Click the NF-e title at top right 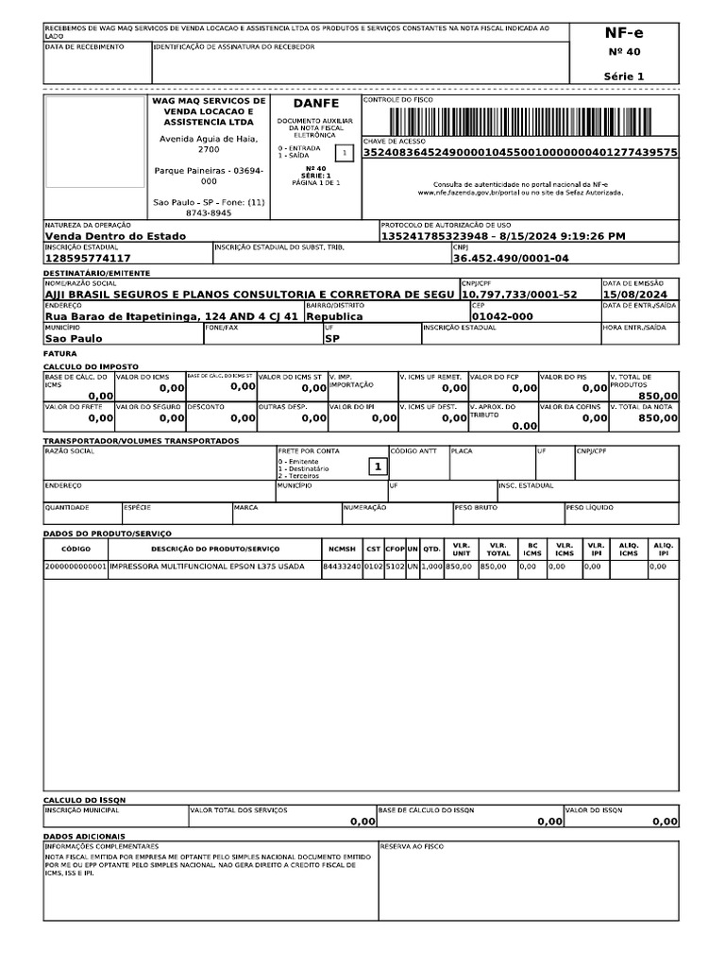pos(624,34)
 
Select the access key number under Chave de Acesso pos(520,152)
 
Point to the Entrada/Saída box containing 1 pos(345,152)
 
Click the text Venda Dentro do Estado pos(116,236)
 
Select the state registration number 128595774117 pos(88,258)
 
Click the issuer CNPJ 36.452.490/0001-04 pos(511,258)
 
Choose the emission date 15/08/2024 pos(638,295)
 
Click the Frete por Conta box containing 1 pos(377,467)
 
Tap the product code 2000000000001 pos(76,567)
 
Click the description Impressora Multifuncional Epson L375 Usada pos(207,567)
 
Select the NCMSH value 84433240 pos(342,567)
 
